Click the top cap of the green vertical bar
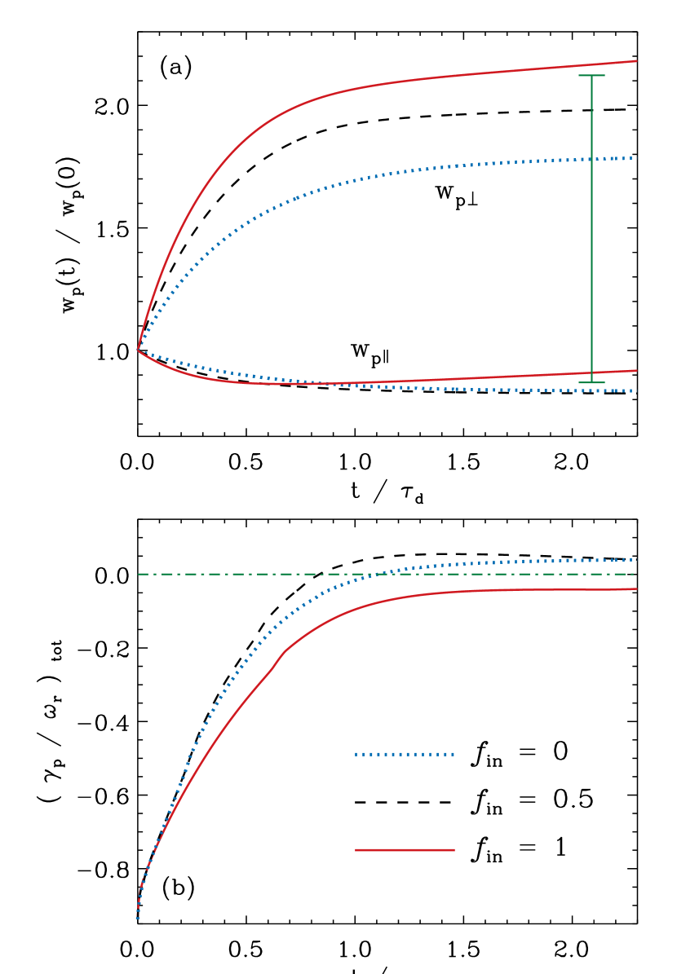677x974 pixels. (x=591, y=76)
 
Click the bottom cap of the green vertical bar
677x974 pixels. (x=591, y=382)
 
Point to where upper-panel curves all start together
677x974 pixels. (x=138, y=349)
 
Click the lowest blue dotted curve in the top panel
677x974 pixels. (x=489, y=390)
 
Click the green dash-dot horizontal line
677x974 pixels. (x=245, y=574)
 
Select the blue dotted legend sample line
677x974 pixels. (x=405, y=754)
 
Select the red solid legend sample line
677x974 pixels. (x=405, y=850)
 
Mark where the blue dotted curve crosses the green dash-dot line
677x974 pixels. (x=380, y=574)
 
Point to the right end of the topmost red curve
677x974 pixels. (x=635, y=61)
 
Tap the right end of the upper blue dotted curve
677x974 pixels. (x=633, y=158)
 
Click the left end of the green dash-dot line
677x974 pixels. (x=139, y=574)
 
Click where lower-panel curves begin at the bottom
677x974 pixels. (x=137, y=918)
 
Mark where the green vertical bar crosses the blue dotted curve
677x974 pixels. (x=591, y=159)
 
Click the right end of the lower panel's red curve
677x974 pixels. (x=635, y=588)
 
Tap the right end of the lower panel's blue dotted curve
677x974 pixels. (x=633, y=560)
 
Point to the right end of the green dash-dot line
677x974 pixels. (x=634, y=574)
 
